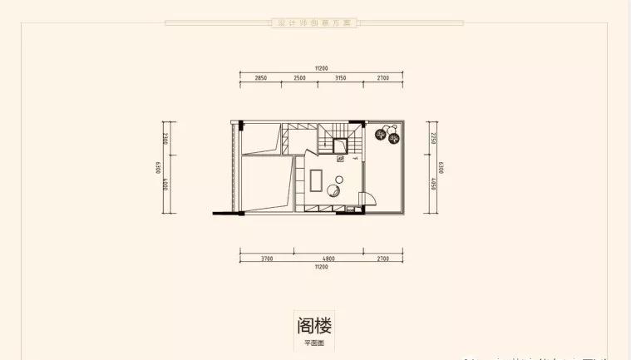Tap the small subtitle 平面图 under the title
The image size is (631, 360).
coord(314,342)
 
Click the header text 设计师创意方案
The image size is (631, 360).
coord(315,23)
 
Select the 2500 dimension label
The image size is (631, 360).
coord(299,77)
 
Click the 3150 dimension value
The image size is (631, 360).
coord(340,77)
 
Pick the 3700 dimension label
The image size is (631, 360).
coord(266,259)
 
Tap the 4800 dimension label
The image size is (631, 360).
coord(328,259)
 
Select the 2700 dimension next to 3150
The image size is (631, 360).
coord(383,77)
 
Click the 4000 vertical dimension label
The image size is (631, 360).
coord(166,183)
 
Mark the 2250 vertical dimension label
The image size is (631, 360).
coord(434,137)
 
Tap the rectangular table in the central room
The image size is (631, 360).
coord(318,179)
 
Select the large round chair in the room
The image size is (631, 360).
coord(334,190)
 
